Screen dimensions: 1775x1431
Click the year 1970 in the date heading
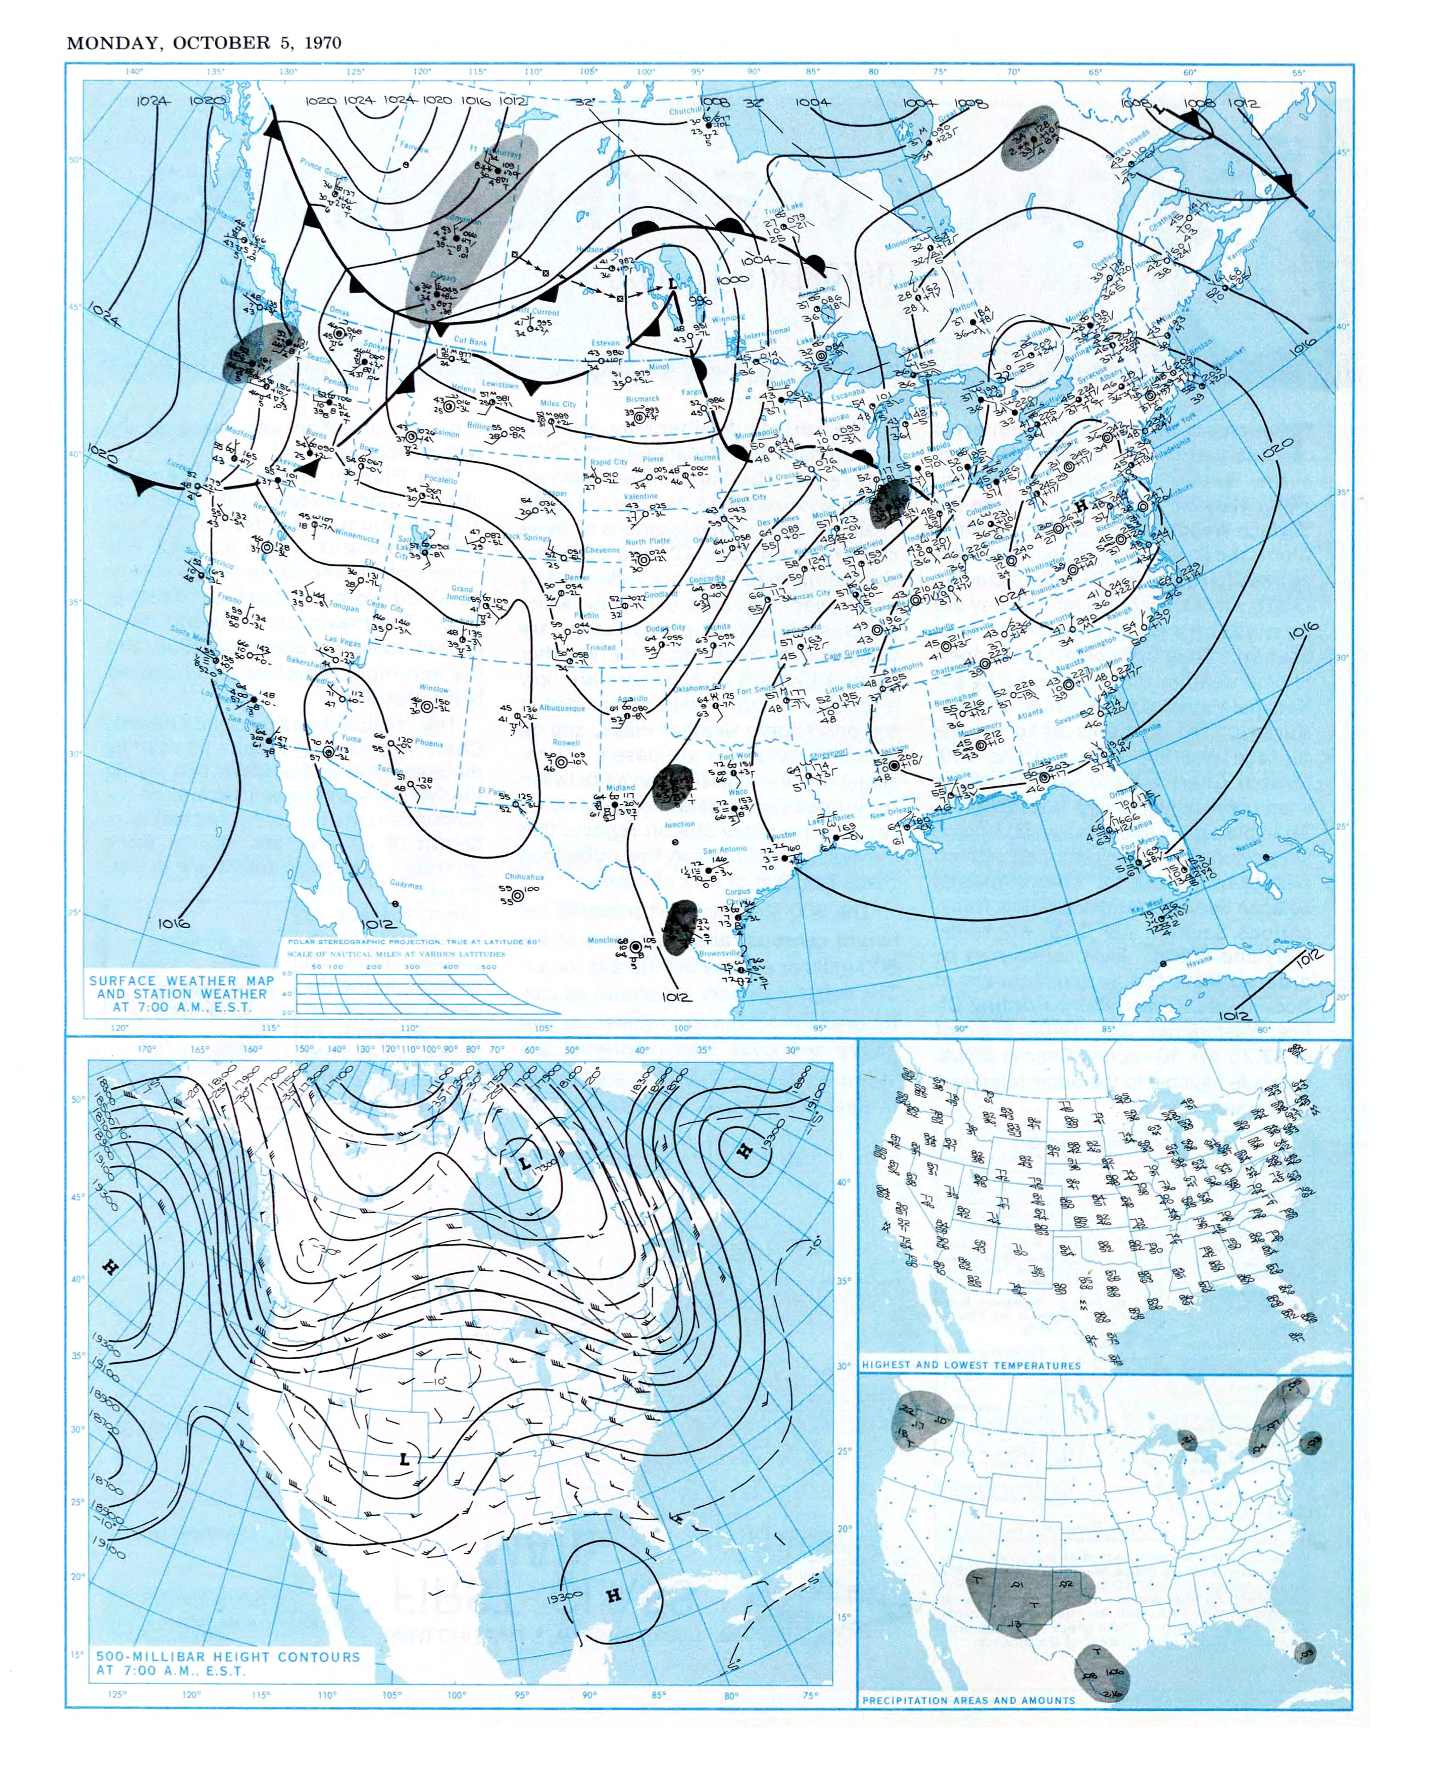pyautogui.click(x=322, y=43)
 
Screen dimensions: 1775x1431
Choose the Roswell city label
pyautogui.click(x=566, y=742)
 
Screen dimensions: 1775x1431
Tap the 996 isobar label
pyautogui.click(x=699, y=302)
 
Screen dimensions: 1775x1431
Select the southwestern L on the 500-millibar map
pyautogui.click(x=404, y=1459)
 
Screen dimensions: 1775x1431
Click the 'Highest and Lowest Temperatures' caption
pyautogui.click(x=970, y=1365)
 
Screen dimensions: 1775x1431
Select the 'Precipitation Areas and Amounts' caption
pyautogui.click(x=968, y=1700)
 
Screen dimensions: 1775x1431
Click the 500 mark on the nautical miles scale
pyautogui.click(x=489, y=967)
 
